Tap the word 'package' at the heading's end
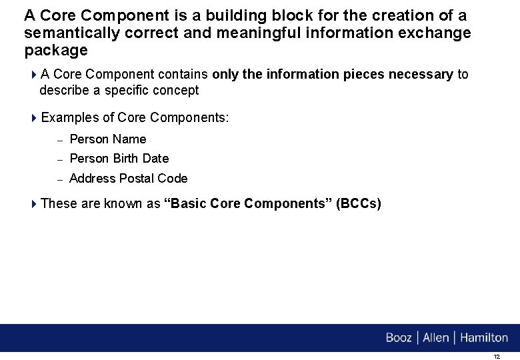click(56, 51)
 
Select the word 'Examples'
click(69, 118)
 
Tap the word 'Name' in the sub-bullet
click(129, 139)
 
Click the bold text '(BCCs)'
click(359, 204)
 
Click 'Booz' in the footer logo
click(399, 338)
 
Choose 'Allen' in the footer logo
click(436, 338)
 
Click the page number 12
click(496, 357)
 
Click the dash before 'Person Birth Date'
click(59, 159)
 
